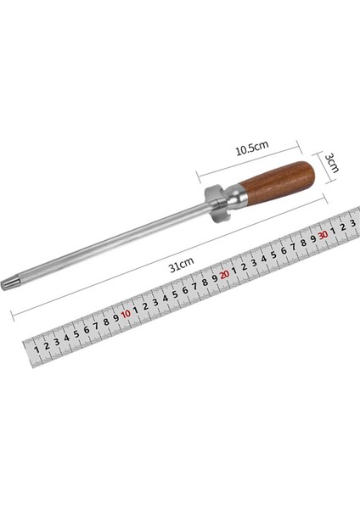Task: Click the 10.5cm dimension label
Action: tap(252, 148)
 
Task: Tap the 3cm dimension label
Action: tap(332, 163)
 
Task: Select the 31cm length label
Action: tap(182, 264)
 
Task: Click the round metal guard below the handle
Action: tap(215, 204)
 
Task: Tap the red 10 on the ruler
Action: tap(126, 314)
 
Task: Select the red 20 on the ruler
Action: tap(224, 275)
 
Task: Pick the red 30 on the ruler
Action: tap(323, 235)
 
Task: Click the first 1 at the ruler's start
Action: tap(37, 350)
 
